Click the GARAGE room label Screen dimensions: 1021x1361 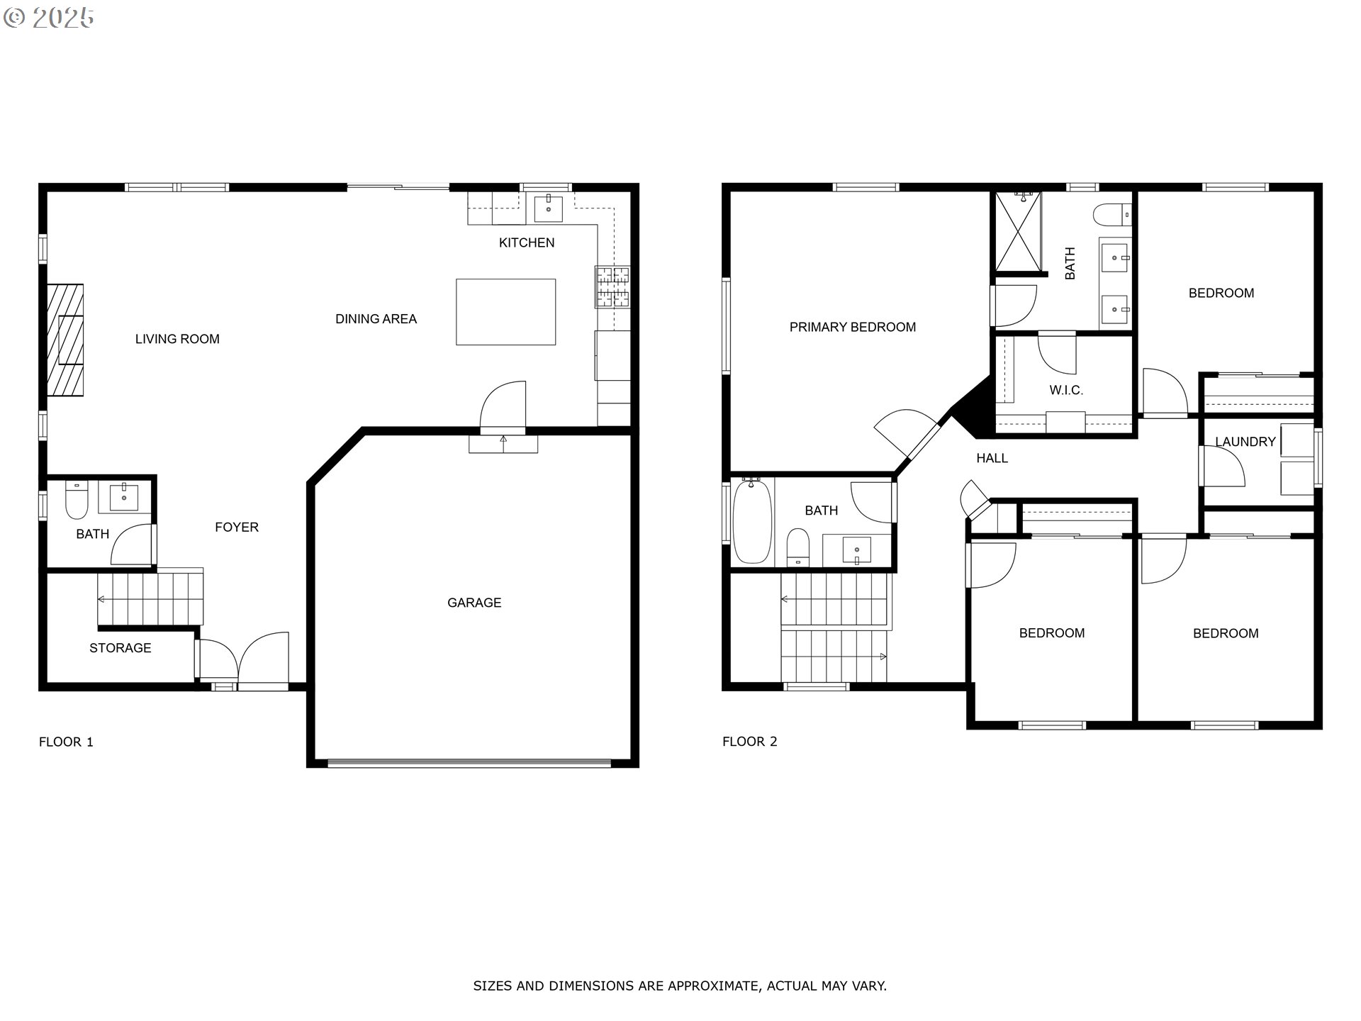[474, 603]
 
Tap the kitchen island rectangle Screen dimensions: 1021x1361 [505, 312]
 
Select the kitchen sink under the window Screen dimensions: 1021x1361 [548, 208]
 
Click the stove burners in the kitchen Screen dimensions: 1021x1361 [613, 287]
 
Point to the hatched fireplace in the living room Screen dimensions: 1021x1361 [65, 340]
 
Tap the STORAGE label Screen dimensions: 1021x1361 [120, 648]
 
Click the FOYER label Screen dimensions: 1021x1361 [237, 527]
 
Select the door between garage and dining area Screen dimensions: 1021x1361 [503, 408]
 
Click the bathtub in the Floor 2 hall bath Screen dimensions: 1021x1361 [751, 521]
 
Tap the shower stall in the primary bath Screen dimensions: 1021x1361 [1019, 231]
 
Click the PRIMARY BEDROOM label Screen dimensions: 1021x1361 [853, 327]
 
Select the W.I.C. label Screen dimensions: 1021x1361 [1066, 390]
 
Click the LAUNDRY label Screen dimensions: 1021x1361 [1245, 442]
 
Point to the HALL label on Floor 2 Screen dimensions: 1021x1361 [992, 458]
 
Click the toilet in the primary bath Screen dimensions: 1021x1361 [1111, 213]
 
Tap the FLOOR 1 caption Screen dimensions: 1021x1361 [66, 742]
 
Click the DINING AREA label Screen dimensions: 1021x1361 [376, 319]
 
